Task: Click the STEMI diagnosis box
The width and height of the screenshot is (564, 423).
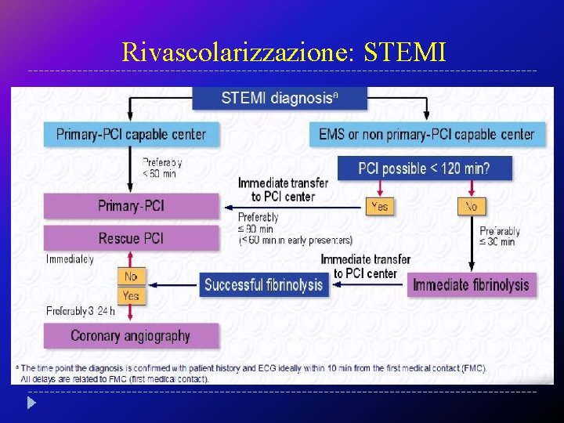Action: click(280, 98)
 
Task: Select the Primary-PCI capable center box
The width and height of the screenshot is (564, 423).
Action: click(131, 134)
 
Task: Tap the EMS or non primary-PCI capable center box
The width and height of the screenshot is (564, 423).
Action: click(426, 134)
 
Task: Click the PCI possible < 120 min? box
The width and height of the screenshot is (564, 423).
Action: click(424, 168)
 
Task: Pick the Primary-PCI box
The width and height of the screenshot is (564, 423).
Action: click(131, 206)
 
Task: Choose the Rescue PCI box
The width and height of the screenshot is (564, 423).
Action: click(131, 237)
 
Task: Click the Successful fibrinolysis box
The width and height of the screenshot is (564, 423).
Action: click(263, 284)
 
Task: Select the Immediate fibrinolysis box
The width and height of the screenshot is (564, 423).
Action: click(471, 284)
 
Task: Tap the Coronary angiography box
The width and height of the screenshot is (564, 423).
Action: click(131, 336)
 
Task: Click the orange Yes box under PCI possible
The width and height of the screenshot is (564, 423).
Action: click(380, 206)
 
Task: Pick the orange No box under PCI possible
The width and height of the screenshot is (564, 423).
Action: click(471, 206)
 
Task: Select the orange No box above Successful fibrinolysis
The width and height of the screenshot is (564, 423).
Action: click(131, 276)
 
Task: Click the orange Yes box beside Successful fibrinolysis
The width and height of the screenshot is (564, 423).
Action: click(131, 295)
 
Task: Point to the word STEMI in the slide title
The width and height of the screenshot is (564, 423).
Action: click(406, 52)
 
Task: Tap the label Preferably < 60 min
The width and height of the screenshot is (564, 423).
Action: click(161, 168)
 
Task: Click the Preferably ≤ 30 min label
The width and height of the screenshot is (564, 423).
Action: click(499, 236)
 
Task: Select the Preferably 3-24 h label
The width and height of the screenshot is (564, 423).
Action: click(80, 311)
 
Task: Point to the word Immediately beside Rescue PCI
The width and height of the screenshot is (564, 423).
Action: click(70, 258)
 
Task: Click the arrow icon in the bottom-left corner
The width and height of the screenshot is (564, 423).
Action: click(31, 404)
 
